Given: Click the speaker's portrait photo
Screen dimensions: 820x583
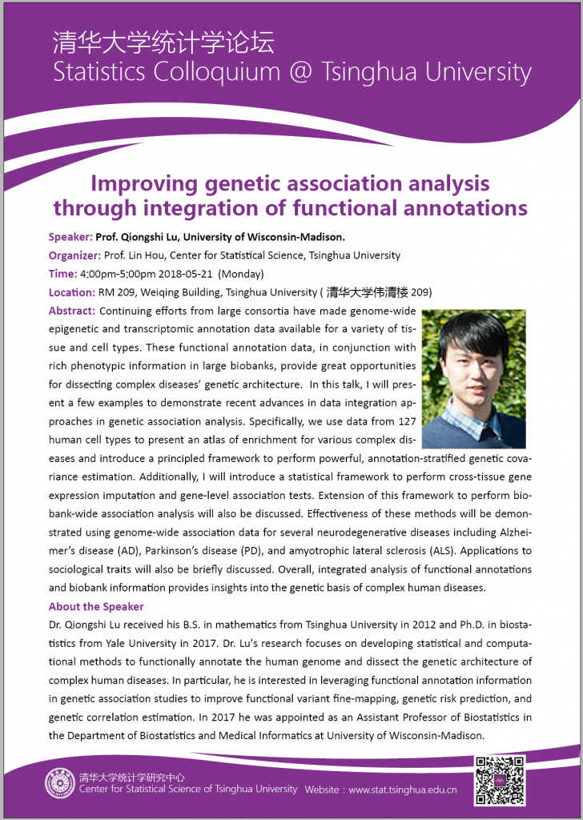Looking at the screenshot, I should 473,379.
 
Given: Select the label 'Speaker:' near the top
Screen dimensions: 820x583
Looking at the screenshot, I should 70,237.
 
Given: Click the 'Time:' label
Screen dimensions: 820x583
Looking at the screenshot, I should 62,274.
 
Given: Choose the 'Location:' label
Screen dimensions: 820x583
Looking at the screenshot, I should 71,292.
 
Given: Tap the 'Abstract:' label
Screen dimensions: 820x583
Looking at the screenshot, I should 72,311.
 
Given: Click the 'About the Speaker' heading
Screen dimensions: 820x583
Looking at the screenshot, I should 96,606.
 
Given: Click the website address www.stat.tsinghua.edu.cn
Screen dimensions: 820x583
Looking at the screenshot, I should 403,790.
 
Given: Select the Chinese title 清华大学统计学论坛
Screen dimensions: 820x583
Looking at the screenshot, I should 163,42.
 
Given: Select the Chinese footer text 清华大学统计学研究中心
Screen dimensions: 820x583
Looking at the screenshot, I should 131,776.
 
